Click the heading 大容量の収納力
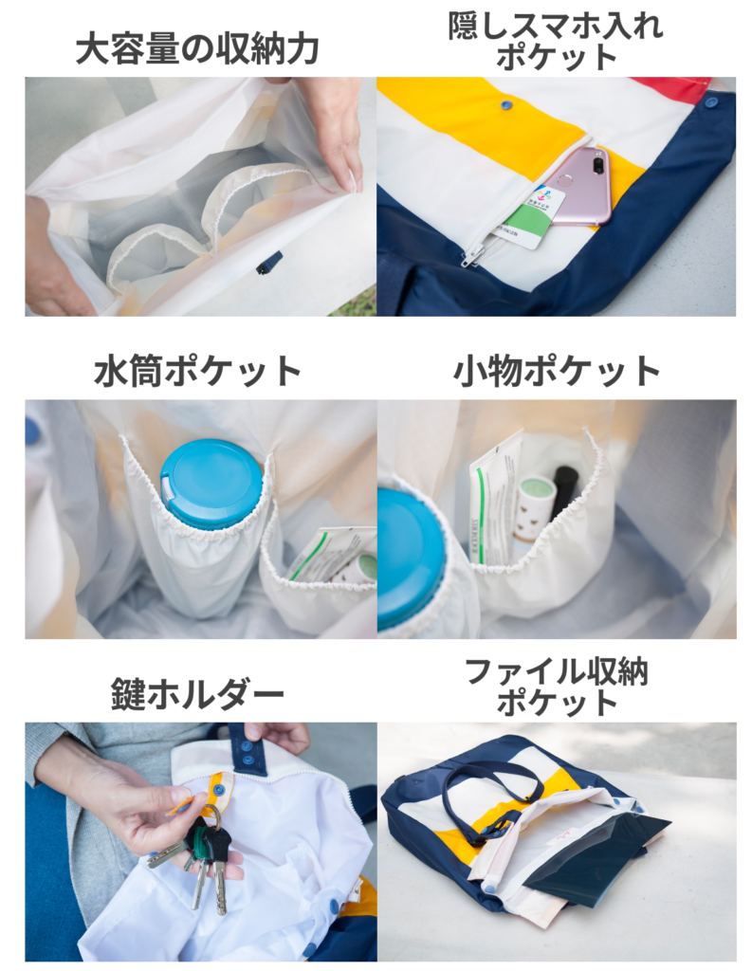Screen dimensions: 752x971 point(197,49)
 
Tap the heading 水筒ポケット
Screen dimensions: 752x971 point(198,372)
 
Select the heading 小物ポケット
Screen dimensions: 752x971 point(557,372)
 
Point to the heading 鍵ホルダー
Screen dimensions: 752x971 point(197,693)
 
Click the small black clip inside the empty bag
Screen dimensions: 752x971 point(269,263)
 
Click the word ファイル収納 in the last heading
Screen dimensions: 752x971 point(557,672)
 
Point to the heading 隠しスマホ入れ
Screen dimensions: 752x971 point(556,26)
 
